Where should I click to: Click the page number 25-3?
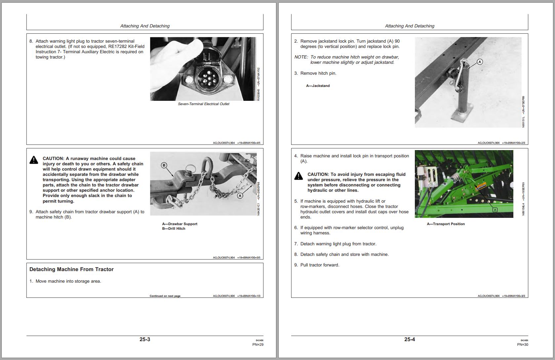(145, 339)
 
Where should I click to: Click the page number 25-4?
(410, 339)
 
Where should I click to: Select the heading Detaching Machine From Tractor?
(71, 269)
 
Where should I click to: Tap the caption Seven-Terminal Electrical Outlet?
(203, 104)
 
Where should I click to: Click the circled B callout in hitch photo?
(164, 165)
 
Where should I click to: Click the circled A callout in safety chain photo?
(240, 196)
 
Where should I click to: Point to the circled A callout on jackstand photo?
(480, 62)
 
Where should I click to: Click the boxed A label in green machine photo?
(495, 210)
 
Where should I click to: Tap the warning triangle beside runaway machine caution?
(34, 160)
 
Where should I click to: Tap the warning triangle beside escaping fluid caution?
(298, 176)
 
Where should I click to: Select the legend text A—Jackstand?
(318, 86)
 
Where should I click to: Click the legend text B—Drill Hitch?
(174, 228)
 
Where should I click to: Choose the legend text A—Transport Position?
(446, 224)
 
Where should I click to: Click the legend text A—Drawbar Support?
(179, 224)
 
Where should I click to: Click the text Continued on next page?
(165, 296)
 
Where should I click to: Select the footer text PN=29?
(258, 344)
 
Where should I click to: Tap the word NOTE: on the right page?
(301, 57)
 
